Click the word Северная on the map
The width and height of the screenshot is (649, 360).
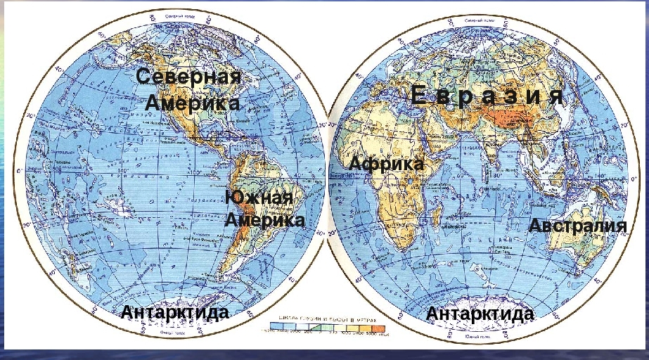coord(188,77)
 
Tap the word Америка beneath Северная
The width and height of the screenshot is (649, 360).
coord(193,103)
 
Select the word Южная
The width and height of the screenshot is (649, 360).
coord(259,198)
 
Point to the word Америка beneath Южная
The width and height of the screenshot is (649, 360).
coord(265,220)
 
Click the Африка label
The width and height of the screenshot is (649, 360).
coord(387,164)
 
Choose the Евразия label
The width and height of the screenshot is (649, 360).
coord(487,96)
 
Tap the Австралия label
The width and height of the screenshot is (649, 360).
coord(577,226)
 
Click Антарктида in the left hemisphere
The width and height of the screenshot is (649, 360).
coord(175,312)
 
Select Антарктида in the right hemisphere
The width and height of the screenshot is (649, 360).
coord(480,314)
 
